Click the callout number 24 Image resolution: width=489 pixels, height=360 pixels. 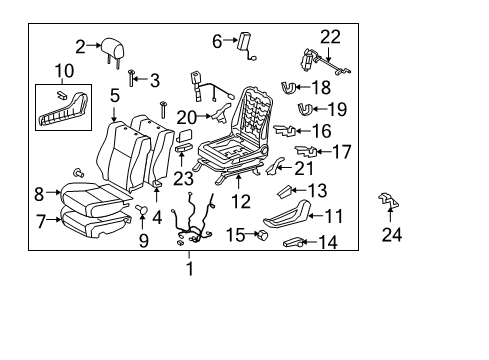click(x=391, y=236)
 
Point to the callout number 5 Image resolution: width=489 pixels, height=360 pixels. click(x=115, y=97)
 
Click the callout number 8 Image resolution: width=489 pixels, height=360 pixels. click(x=39, y=194)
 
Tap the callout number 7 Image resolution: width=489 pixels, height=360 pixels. click(x=39, y=221)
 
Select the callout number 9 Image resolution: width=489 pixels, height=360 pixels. click(x=142, y=240)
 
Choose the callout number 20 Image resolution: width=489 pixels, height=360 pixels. click(x=187, y=117)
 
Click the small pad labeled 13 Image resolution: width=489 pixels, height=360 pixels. click(x=284, y=190)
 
